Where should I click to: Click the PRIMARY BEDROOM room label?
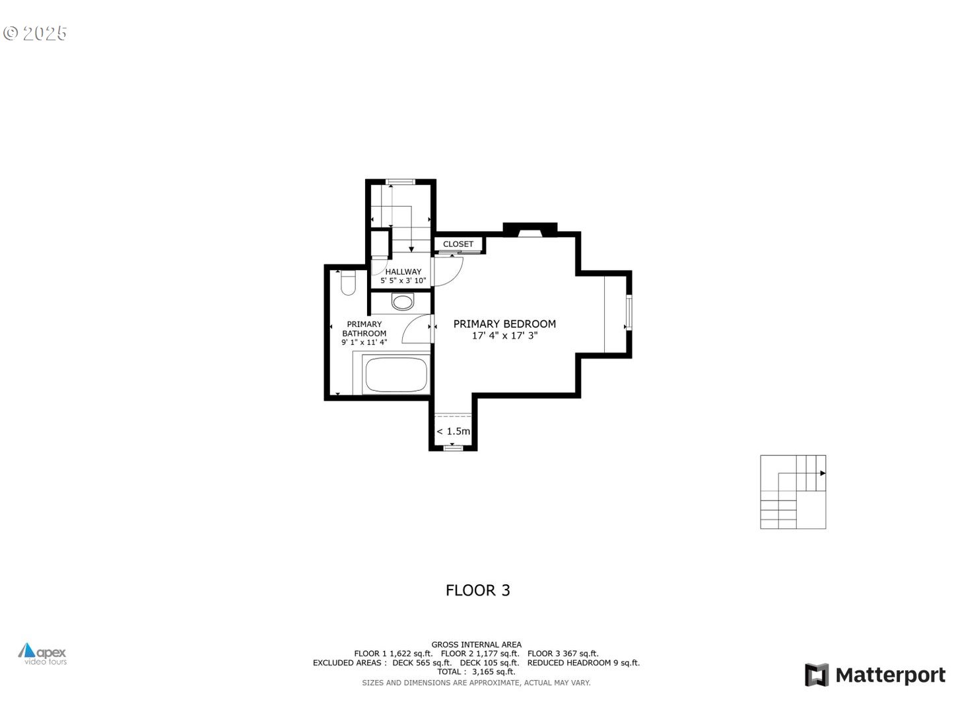tap(504, 324)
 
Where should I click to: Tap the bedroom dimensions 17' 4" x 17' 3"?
tap(504, 336)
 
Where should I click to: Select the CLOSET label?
tap(458, 244)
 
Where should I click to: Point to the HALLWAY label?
tap(403, 271)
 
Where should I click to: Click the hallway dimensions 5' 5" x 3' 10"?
tap(403, 281)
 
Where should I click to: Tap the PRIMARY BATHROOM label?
tap(364, 329)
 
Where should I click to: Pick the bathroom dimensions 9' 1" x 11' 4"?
tap(364, 343)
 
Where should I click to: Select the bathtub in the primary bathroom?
tap(397, 375)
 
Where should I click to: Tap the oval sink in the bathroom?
tap(402, 302)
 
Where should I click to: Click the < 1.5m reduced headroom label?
tap(454, 432)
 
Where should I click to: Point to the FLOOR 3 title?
tap(478, 590)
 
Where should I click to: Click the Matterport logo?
tap(875, 675)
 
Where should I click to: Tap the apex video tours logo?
tap(42, 654)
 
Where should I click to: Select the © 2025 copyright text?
tap(36, 33)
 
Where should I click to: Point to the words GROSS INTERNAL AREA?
tap(477, 644)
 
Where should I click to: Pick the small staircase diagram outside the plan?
tap(793, 492)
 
